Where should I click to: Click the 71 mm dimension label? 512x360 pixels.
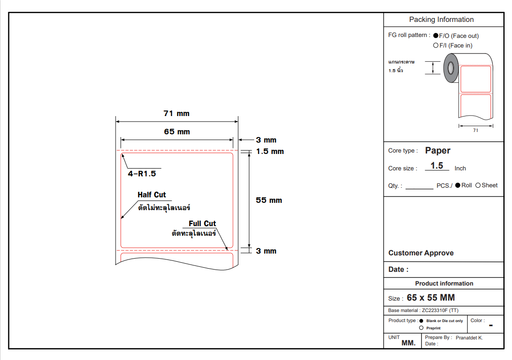pyautogui.click(x=176, y=113)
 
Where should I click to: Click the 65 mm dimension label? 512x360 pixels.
pyautogui.click(x=177, y=132)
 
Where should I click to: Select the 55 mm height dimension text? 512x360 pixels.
pyautogui.click(x=269, y=200)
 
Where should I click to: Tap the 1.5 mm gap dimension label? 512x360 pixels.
pyautogui.click(x=270, y=151)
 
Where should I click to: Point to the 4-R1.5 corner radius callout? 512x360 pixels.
pyautogui.click(x=142, y=174)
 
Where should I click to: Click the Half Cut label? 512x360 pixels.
pyautogui.click(x=152, y=195)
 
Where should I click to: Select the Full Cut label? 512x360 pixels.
pyautogui.click(x=202, y=223)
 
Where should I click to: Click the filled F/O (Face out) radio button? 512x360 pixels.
pyautogui.click(x=436, y=36)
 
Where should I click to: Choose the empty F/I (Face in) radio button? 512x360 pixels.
pyautogui.click(x=436, y=45)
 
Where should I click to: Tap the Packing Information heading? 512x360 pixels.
pyautogui.click(x=441, y=20)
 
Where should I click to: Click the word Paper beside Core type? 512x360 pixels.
pyautogui.click(x=438, y=150)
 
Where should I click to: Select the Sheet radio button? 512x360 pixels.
pyautogui.click(x=478, y=185)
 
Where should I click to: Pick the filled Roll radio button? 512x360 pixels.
pyautogui.click(x=458, y=185)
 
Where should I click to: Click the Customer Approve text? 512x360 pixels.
pyautogui.click(x=421, y=253)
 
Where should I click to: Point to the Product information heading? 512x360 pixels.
pyautogui.click(x=444, y=283)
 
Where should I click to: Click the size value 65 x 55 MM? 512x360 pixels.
pyautogui.click(x=431, y=298)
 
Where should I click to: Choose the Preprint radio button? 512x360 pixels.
pyautogui.click(x=421, y=328)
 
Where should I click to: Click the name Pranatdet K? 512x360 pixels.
pyautogui.click(x=469, y=338)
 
